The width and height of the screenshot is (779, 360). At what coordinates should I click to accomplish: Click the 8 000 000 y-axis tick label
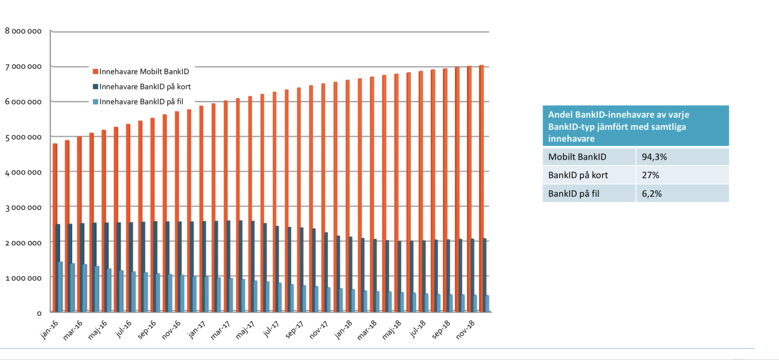point(23,31)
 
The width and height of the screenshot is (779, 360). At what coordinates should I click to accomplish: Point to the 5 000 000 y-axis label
point(23,137)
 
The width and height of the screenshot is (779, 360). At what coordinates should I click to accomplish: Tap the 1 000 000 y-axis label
point(23,278)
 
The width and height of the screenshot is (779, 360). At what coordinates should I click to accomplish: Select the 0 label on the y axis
point(39,314)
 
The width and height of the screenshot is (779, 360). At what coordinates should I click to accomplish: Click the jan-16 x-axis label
point(49,329)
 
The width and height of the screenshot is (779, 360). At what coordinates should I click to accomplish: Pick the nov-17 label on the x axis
point(319,330)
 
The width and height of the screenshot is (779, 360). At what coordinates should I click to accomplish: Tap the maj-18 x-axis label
point(392,330)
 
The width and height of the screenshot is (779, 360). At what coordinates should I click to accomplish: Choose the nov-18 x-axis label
point(465,330)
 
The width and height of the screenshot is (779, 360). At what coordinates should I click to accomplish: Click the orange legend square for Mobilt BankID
point(95,72)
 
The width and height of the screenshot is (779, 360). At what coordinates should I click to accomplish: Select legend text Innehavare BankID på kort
point(145,87)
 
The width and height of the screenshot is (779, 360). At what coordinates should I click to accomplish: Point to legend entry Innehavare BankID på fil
point(141,102)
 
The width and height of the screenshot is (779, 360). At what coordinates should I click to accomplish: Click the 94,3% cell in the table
point(654,157)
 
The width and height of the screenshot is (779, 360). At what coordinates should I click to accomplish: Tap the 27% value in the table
point(650,175)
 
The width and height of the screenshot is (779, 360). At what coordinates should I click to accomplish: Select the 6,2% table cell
point(652,194)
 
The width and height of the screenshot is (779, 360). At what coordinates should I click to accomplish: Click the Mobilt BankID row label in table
point(577,157)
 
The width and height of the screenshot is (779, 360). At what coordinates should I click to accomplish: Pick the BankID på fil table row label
point(574,194)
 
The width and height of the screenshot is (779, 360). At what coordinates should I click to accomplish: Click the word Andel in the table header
point(560,115)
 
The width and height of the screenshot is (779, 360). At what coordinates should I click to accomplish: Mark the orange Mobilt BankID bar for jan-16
point(55,228)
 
